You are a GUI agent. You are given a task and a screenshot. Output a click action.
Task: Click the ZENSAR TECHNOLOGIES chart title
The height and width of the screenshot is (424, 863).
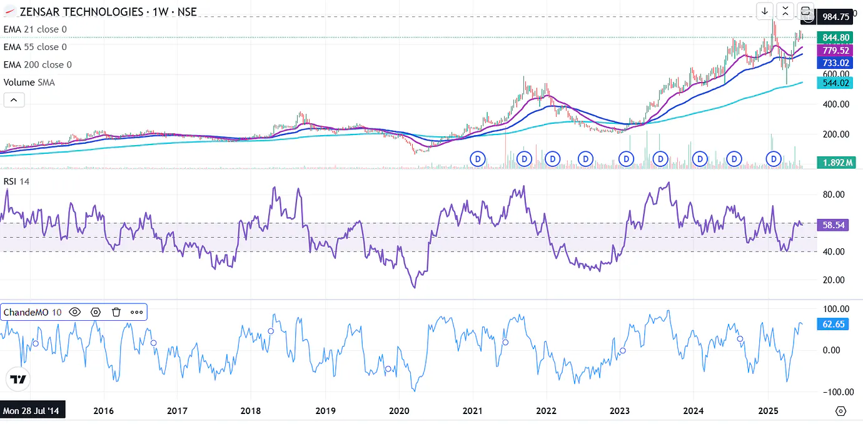[x=81, y=12]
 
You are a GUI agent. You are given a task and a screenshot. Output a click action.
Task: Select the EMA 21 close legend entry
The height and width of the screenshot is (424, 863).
[x=35, y=29]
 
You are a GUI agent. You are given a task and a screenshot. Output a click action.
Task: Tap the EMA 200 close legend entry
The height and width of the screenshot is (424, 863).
[x=38, y=64]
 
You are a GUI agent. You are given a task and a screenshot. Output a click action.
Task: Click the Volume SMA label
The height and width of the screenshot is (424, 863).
[x=29, y=82]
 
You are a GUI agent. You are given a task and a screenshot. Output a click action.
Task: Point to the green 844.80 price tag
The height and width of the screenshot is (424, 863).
[x=835, y=38]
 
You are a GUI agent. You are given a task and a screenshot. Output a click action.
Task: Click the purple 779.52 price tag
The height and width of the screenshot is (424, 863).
[x=835, y=50]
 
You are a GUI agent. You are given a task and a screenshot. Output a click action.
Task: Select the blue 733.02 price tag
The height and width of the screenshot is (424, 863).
[x=835, y=63]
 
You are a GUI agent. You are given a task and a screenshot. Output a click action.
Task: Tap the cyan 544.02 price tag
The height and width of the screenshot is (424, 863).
[x=835, y=83]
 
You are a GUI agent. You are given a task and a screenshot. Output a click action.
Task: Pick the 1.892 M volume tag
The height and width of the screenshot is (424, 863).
[x=836, y=163]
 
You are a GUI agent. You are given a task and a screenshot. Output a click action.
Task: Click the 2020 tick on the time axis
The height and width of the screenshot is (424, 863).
[x=399, y=411]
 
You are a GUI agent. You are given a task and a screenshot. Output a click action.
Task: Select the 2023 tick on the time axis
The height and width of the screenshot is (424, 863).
[x=620, y=411]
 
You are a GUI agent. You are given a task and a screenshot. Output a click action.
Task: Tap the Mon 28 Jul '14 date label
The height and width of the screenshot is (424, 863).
[x=31, y=411]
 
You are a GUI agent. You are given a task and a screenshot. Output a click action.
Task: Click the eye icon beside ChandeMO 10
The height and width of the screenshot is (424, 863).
[x=75, y=312]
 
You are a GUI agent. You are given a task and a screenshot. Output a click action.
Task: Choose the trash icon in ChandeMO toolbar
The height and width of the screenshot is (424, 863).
[x=116, y=312]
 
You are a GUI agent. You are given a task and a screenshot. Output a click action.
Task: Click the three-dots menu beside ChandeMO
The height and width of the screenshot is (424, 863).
[x=136, y=312]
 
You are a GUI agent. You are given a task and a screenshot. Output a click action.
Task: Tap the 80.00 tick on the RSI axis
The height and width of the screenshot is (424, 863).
[x=835, y=194]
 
